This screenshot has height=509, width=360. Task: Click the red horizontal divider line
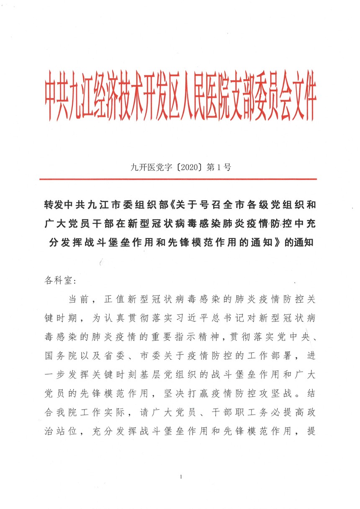coord(180,179)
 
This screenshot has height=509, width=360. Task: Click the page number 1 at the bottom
coord(180,477)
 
